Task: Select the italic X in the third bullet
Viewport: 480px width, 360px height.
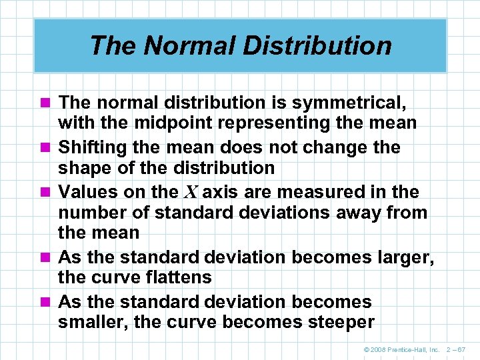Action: point(190,193)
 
